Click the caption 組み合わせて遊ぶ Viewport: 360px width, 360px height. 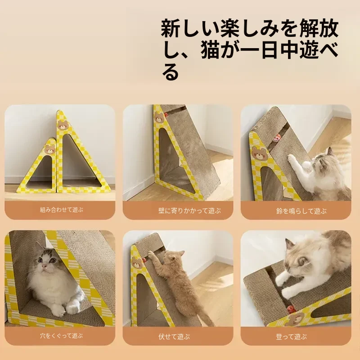61,210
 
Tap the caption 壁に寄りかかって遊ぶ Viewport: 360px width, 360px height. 189,211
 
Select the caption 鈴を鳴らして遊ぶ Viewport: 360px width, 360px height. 301,211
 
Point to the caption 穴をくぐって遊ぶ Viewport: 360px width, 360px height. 61,336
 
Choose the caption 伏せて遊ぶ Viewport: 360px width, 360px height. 174,337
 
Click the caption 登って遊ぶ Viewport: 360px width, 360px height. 291,337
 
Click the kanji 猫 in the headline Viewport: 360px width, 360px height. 210,50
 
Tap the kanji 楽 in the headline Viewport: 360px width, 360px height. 230,28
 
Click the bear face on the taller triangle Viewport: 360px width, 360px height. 63,125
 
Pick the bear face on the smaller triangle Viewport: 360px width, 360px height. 49,149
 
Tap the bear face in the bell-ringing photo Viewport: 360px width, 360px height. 260,153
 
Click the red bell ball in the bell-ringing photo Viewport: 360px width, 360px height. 276,139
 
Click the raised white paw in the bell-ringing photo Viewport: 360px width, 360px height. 292,158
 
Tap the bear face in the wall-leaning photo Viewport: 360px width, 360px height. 159,117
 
